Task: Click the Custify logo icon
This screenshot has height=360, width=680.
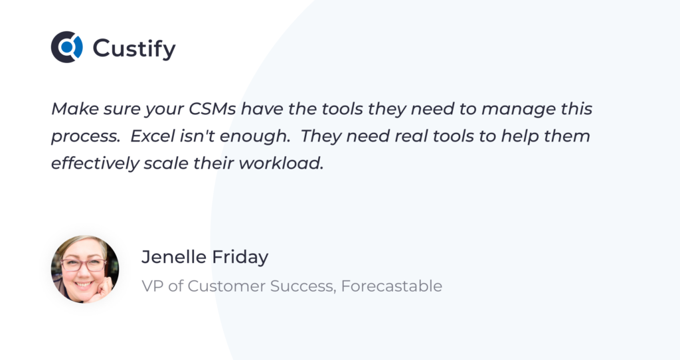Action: pyautogui.click(x=67, y=47)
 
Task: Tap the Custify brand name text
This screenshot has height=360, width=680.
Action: pyautogui.click(x=134, y=48)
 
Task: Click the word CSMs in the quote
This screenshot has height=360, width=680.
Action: pyautogui.click(x=212, y=108)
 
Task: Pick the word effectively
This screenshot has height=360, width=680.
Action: pyautogui.click(x=95, y=163)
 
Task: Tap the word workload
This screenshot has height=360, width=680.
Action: pyautogui.click(x=281, y=163)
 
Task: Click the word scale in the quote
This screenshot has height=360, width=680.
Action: pyautogui.click(x=166, y=163)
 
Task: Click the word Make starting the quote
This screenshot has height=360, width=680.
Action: pyautogui.click(x=75, y=108)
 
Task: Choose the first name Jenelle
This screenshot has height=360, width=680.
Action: pyautogui.click(x=173, y=257)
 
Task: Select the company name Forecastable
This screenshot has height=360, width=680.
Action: pyautogui.click(x=392, y=286)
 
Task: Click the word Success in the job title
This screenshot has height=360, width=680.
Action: pyautogui.click(x=303, y=286)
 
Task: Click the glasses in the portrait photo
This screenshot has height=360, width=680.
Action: pyautogui.click(x=84, y=264)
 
